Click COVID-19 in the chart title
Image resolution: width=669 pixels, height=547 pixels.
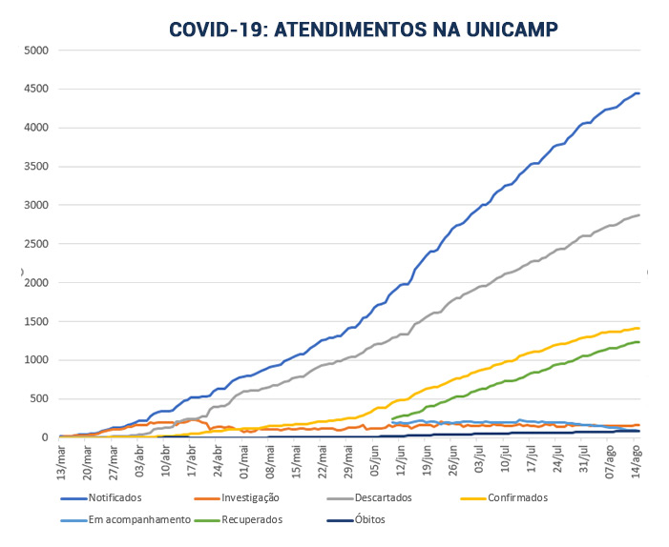click(217, 30)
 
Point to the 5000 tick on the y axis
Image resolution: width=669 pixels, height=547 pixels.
click(35, 50)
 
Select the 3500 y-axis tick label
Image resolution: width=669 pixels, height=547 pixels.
click(35, 166)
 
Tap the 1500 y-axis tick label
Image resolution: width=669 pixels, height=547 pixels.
click(35, 321)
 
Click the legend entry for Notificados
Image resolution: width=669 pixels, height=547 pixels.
click(115, 497)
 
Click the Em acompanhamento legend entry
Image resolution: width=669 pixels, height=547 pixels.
click(128, 520)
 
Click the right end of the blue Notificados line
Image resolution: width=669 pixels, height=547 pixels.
click(638, 92)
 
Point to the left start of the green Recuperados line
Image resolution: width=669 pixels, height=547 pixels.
click(392, 418)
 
